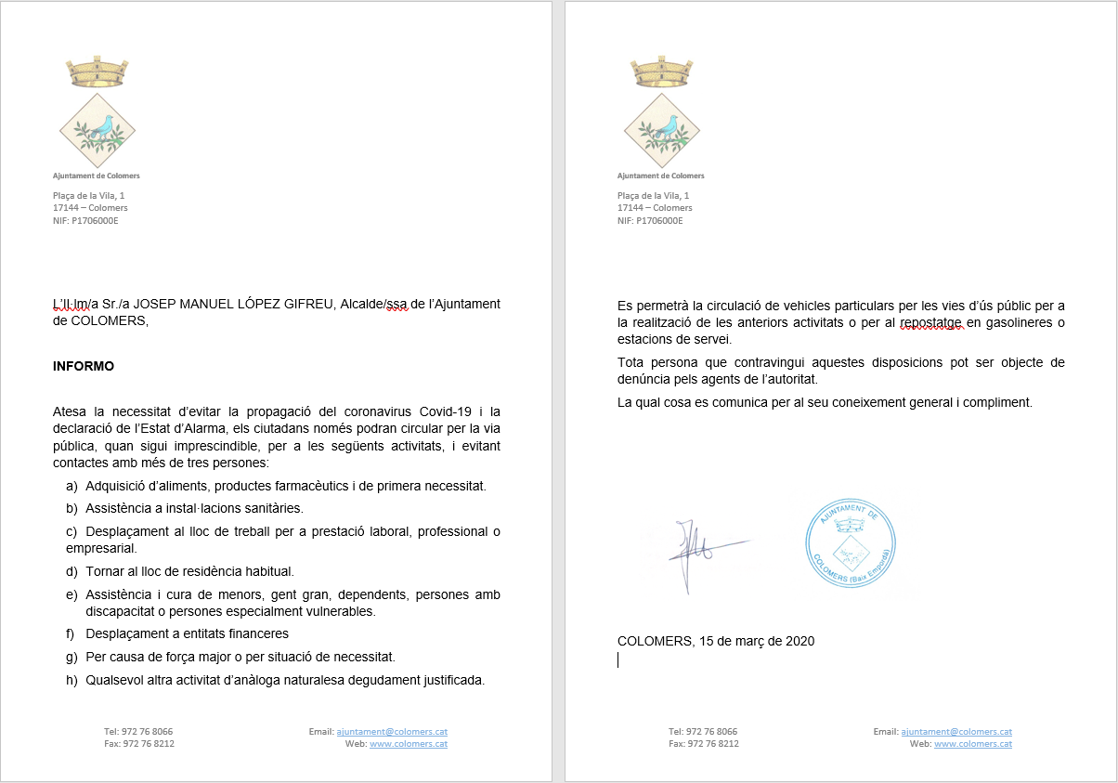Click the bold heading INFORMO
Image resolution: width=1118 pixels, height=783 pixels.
click(84, 366)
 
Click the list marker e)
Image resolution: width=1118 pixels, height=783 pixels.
click(71, 594)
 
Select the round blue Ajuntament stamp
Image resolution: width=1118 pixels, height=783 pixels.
click(850, 542)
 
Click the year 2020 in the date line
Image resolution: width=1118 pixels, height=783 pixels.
click(799, 641)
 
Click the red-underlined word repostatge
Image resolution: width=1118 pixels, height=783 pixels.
click(929, 322)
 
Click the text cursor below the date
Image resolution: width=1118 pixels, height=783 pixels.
click(618, 659)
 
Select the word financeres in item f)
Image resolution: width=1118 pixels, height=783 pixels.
click(254, 633)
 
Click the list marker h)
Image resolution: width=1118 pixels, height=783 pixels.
click(71, 679)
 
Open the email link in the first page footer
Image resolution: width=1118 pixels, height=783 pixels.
click(392, 732)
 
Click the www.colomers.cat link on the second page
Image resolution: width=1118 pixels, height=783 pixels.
click(973, 744)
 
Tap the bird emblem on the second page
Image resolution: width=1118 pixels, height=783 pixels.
click(660, 126)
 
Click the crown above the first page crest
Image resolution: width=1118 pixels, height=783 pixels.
click(97, 72)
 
